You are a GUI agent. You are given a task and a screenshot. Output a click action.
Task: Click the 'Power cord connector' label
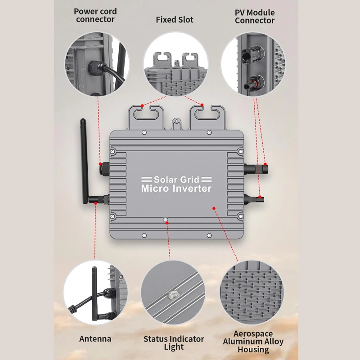click(x=95, y=15)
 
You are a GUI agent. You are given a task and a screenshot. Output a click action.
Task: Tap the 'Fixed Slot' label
click(x=175, y=20)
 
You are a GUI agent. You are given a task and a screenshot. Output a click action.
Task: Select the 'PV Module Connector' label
click(x=255, y=17)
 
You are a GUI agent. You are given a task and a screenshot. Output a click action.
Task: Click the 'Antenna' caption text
click(x=95, y=339)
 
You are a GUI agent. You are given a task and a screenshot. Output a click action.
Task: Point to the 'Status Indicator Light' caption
click(x=174, y=343)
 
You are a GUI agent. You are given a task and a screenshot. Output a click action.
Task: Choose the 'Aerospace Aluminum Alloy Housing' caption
click(x=253, y=342)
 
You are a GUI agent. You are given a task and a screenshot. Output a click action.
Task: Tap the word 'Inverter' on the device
click(x=192, y=189)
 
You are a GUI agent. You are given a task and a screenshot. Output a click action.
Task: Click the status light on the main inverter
click(x=165, y=220)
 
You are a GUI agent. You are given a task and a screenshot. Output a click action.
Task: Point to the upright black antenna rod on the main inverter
click(x=84, y=161)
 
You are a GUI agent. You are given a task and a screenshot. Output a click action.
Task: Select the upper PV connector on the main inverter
click(x=256, y=169)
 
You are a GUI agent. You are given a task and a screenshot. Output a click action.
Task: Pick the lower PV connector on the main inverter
click(x=254, y=199)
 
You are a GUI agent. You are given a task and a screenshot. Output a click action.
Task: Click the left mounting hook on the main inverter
click(x=146, y=117)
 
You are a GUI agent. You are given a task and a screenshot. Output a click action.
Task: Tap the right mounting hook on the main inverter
click(x=207, y=117)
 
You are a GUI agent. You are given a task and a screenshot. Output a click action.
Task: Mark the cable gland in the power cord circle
click(x=94, y=68)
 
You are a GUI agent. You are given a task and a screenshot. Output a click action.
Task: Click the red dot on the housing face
click(x=214, y=208)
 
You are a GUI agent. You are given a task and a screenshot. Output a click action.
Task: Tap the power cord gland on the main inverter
click(x=104, y=169)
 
